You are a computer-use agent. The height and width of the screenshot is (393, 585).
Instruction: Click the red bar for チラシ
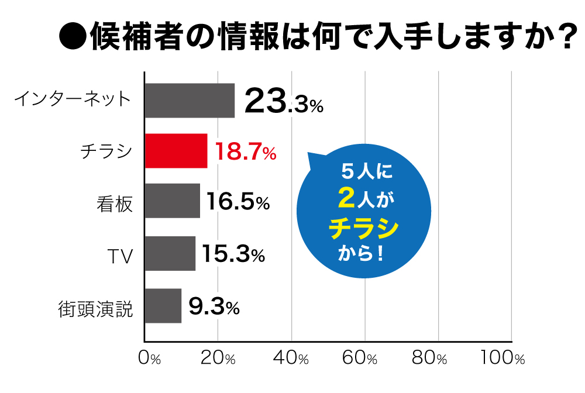(x=175, y=151)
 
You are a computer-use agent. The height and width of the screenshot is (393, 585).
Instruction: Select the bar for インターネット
(x=190, y=101)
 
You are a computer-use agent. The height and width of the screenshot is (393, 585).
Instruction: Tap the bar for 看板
(x=172, y=201)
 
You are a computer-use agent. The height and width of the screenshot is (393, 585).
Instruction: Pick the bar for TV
(x=170, y=253)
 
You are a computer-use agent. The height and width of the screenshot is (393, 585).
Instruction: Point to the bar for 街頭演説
(x=163, y=306)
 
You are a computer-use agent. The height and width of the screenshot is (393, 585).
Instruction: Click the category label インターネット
(x=72, y=98)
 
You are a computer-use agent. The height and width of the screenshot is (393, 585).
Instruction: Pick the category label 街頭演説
(x=96, y=308)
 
